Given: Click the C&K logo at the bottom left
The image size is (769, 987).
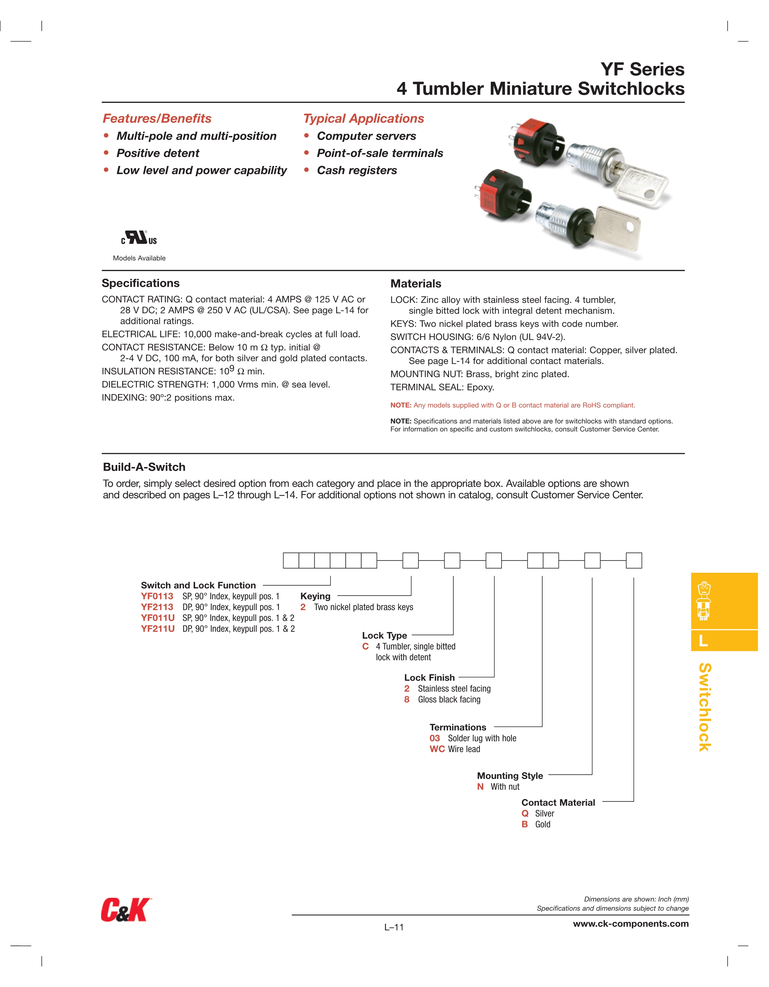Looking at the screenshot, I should click(x=125, y=910).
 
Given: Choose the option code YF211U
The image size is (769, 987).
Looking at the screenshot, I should click(x=157, y=629).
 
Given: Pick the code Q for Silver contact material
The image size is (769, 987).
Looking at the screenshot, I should click(x=525, y=814).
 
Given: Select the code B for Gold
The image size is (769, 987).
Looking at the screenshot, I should click(x=524, y=824).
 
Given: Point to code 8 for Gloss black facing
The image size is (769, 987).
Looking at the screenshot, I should click(x=407, y=700).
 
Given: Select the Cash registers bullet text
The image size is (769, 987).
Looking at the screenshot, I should click(x=357, y=170).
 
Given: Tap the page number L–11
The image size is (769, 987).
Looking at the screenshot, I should click(x=394, y=927).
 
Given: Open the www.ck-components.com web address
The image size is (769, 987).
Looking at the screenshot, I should click(x=631, y=924).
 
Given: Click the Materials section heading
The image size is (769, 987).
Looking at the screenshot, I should click(x=415, y=283).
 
